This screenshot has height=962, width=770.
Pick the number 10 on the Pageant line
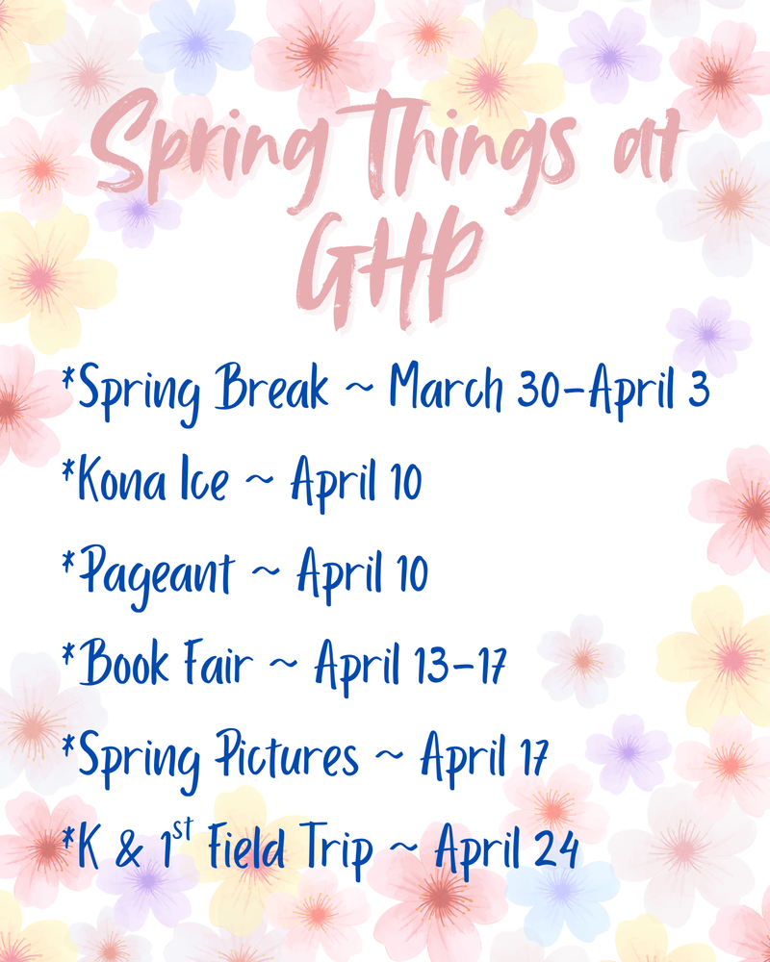pos(405,573)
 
